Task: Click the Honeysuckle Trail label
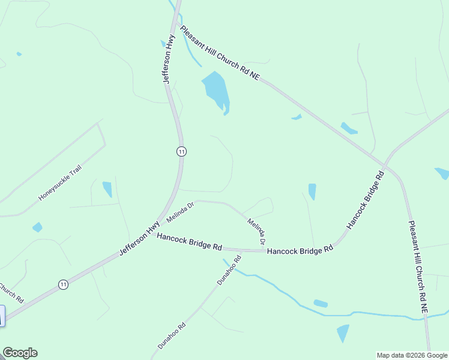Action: [x=59, y=183]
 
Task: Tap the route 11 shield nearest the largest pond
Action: [x=181, y=152]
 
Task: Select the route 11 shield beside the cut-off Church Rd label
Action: [x=63, y=284]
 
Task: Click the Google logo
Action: [x=20, y=353]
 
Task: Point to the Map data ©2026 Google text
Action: [x=412, y=355]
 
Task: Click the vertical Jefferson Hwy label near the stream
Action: [x=169, y=59]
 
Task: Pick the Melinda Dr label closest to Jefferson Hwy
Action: [x=181, y=212]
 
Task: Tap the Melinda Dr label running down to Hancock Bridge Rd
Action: [x=258, y=232]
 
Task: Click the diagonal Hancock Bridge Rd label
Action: [x=365, y=200]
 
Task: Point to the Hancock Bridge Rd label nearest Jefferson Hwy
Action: [x=190, y=242]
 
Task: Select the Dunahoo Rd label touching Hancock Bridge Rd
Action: [x=229, y=270]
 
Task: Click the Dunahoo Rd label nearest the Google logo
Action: [x=172, y=336]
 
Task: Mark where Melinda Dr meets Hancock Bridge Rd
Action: [x=265, y=251]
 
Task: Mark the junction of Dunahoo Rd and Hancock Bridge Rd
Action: [x=240, y=250]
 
